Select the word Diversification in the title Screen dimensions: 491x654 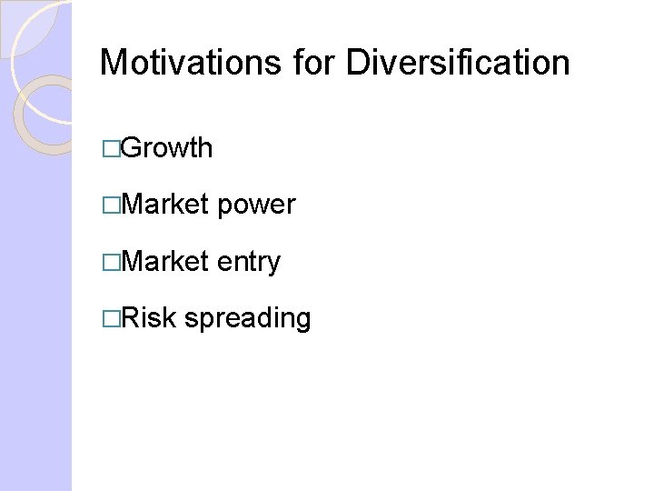coord(459,63)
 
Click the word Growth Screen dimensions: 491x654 coord(166,148)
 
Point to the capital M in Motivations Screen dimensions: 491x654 coord(113,63)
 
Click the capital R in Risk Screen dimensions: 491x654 coord(129,318)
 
